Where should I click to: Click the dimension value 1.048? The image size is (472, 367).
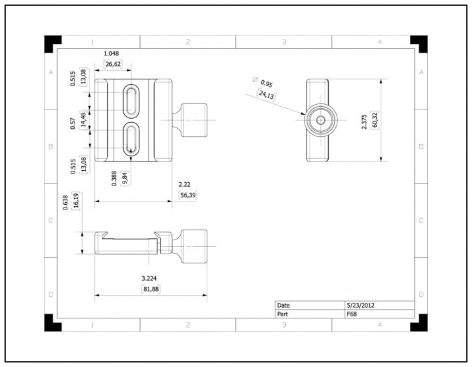click(112, 53)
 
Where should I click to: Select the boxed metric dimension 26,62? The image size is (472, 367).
click(113, 65)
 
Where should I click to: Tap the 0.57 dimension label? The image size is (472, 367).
click(73, 123)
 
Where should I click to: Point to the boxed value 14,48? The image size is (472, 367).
click(83, 120)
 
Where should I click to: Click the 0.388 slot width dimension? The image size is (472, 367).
click(115, 178)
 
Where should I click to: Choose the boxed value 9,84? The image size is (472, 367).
click(125, 178)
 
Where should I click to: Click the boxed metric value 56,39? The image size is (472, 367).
click(188, 196)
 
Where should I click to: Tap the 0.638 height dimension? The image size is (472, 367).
click(65, 202)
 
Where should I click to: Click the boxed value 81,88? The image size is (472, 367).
click(150, 289)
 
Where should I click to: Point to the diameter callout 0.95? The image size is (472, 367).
click(266, 83)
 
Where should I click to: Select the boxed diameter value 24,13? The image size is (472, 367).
click(266, 95)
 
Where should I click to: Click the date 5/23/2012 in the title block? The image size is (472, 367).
click(360, 305)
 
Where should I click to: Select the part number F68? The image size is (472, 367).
click(351, 313)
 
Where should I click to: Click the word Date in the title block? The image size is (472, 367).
click(283, 305)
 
